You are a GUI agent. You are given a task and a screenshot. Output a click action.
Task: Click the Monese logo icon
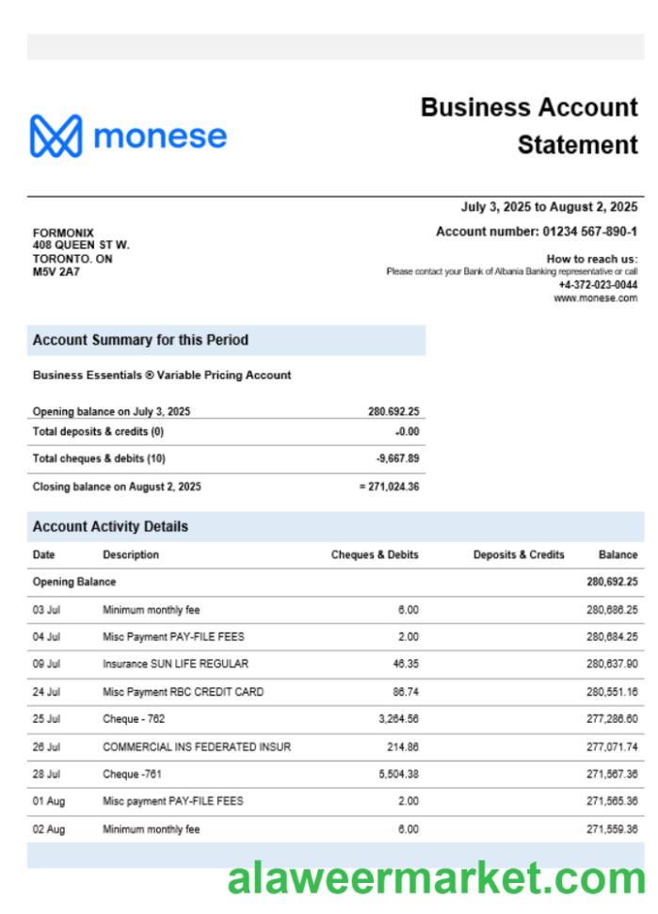click(56, 136)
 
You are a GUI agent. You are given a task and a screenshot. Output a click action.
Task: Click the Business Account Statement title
click(529, 125)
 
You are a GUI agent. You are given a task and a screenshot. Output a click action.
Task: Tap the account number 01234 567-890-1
click(589, 231)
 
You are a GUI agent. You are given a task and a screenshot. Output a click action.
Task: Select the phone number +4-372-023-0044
click(597, 284)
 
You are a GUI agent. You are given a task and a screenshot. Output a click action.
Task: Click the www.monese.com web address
click(595, 297)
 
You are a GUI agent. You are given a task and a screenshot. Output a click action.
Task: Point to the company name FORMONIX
click(63, 233)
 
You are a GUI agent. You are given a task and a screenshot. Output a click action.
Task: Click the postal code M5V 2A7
click(56, 272)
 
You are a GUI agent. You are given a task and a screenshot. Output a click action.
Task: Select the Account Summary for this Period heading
click(140, 340)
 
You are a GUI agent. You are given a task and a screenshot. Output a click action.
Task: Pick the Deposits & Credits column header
click(519, 554)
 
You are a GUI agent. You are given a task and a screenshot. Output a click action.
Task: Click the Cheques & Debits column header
click(375, 554)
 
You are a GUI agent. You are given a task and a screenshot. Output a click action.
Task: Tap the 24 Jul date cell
click(46, 691)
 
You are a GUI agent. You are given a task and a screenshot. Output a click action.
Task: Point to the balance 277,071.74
click(612, 746)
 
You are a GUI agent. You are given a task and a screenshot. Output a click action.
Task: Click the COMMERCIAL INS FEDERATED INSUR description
click(196, 746)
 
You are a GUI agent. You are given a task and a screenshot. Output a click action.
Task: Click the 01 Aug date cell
click(48, 801)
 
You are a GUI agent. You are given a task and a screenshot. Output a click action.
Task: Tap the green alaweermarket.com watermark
click(436, 878)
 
